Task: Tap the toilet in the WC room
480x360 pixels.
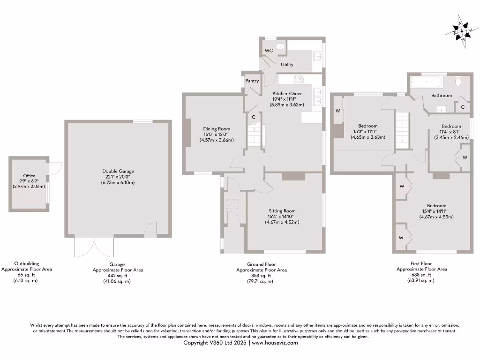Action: [280, 46]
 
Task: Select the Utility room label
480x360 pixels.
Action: [287, 65]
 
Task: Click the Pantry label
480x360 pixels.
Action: [252, 81]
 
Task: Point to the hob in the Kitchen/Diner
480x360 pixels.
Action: [299, 79]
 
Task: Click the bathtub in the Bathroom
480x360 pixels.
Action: [427, 83]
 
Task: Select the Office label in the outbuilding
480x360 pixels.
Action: [29, 176]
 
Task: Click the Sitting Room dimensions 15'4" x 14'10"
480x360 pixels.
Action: [282, 216]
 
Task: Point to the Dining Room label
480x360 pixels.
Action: [217, 129]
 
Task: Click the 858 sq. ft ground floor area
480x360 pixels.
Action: [262, 276]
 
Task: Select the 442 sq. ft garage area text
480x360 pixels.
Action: [118, 276]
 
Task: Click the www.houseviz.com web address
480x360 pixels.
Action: [274, 343]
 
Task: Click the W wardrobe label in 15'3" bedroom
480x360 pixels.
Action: [337, 111]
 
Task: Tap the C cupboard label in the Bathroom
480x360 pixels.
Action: [463, 107]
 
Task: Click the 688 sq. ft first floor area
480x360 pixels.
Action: [422, 275]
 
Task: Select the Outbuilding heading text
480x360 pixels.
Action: [27, 263]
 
